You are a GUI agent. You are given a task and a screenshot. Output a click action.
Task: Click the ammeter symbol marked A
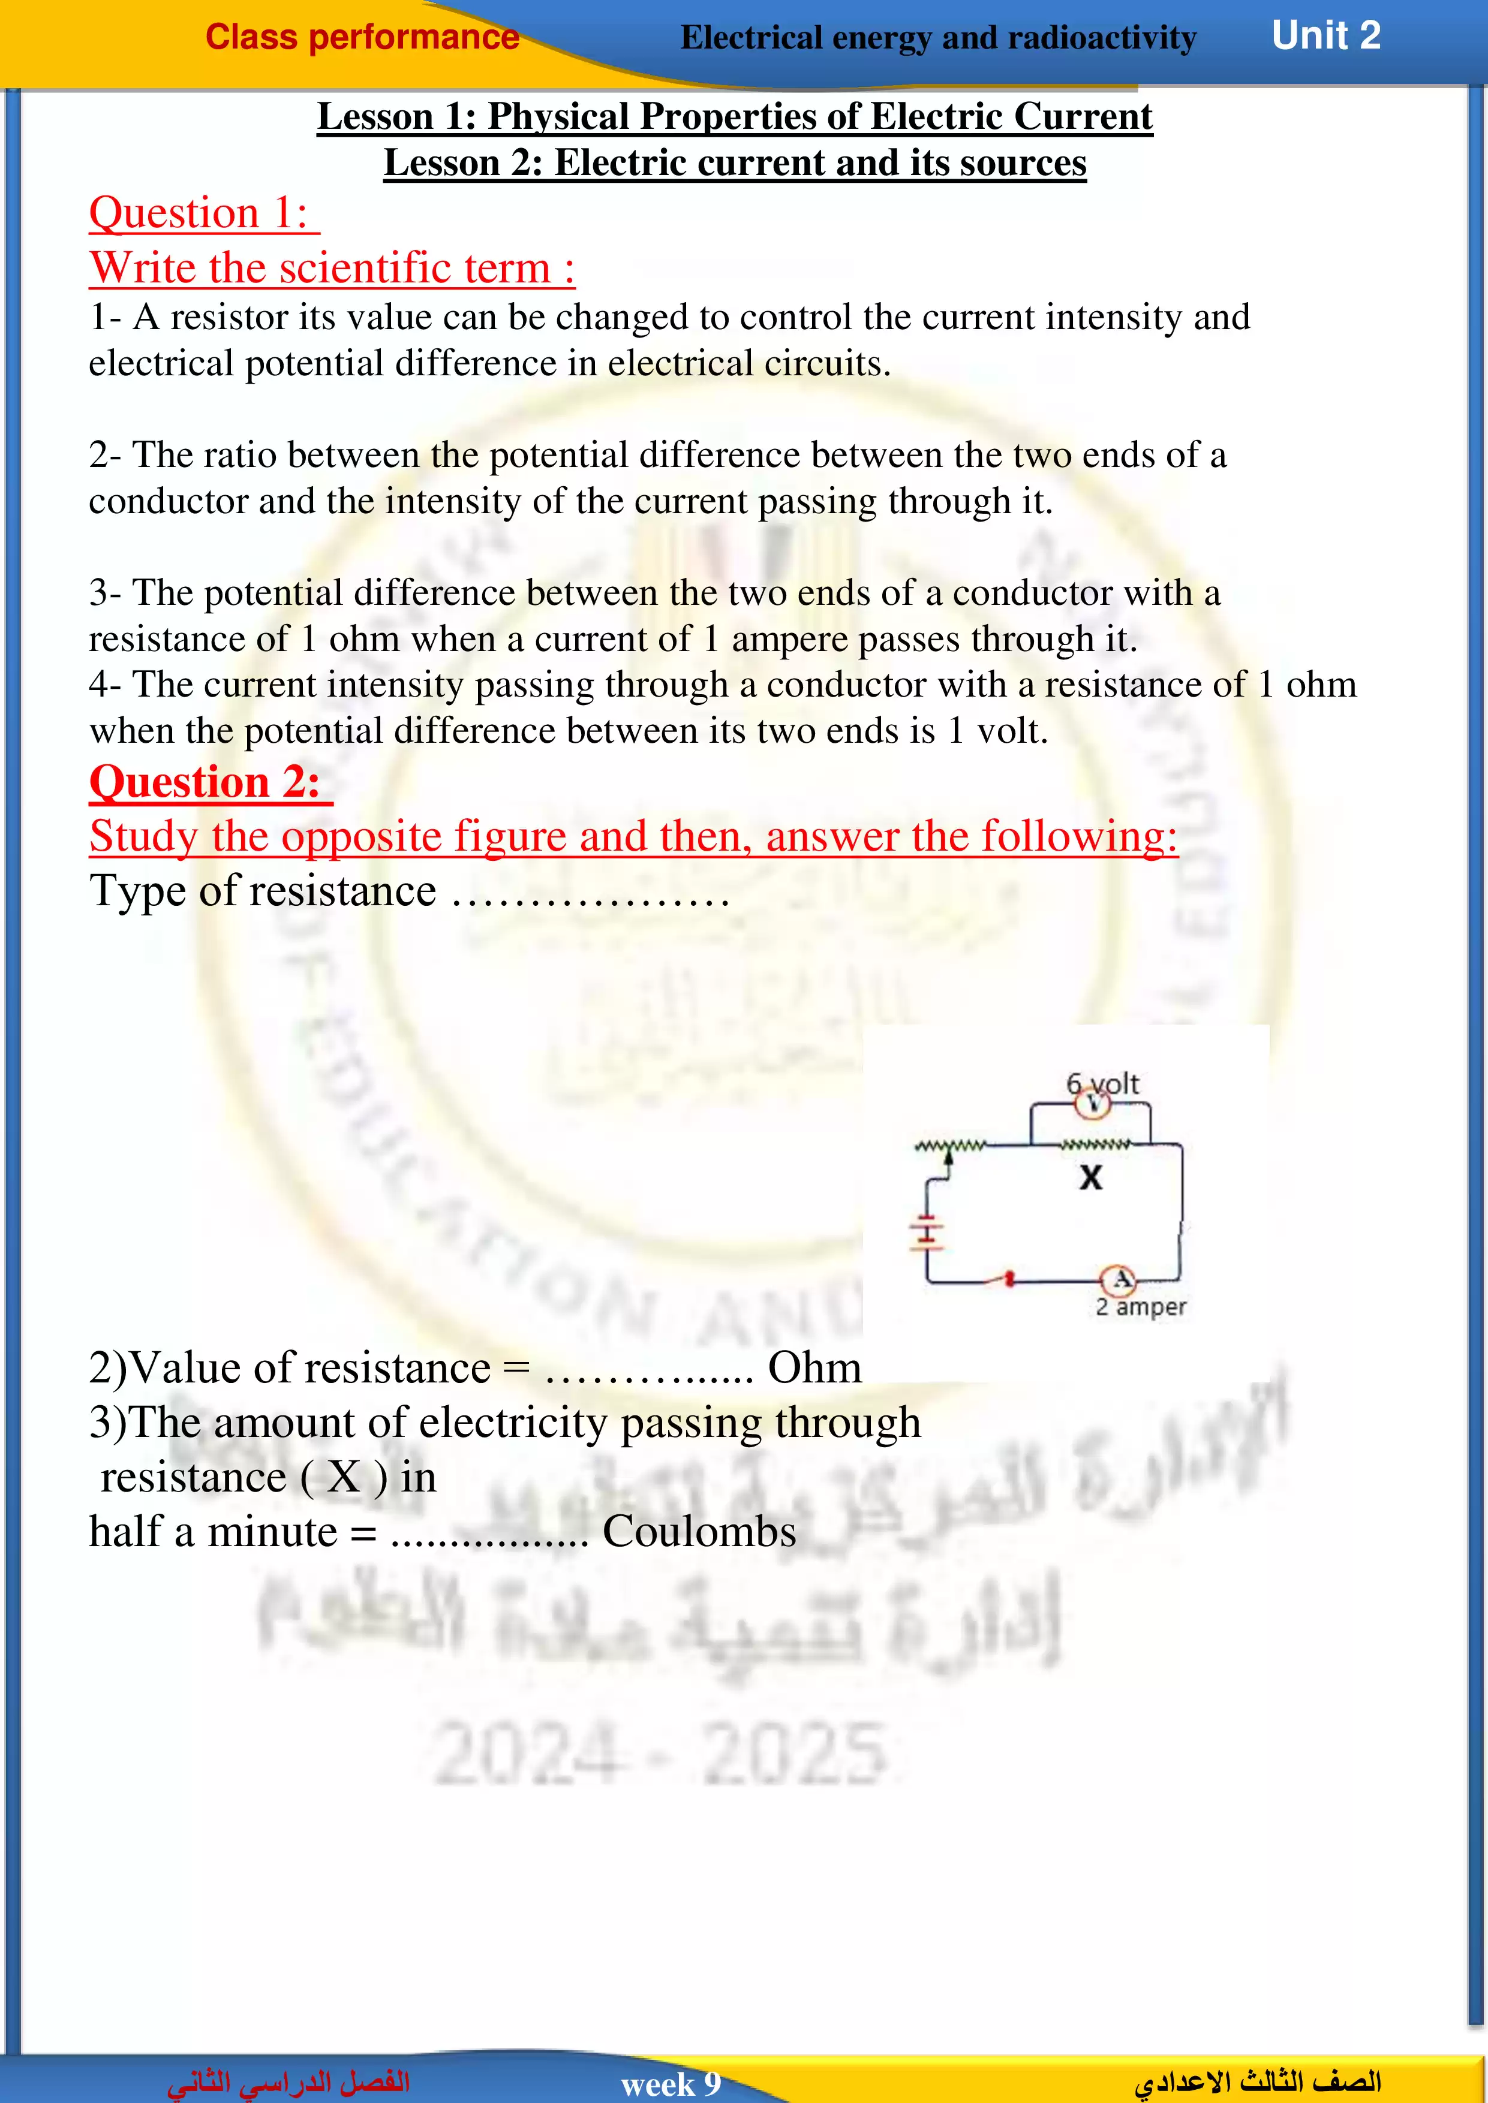(x=1119, y=1279)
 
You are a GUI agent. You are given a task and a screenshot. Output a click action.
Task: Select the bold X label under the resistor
(x=1090, y=1177)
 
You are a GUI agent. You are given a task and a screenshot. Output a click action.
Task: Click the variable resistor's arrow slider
(x=948, y=1159)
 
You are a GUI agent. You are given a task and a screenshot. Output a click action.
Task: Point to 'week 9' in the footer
(x=671, y=2084)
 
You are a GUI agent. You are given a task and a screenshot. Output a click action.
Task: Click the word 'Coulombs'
(x=699, y=1532)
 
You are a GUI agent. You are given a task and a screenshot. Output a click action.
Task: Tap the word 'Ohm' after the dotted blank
(x=814, y=1367)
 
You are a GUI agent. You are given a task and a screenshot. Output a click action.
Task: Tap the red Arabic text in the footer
(x=288, y=2082)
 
